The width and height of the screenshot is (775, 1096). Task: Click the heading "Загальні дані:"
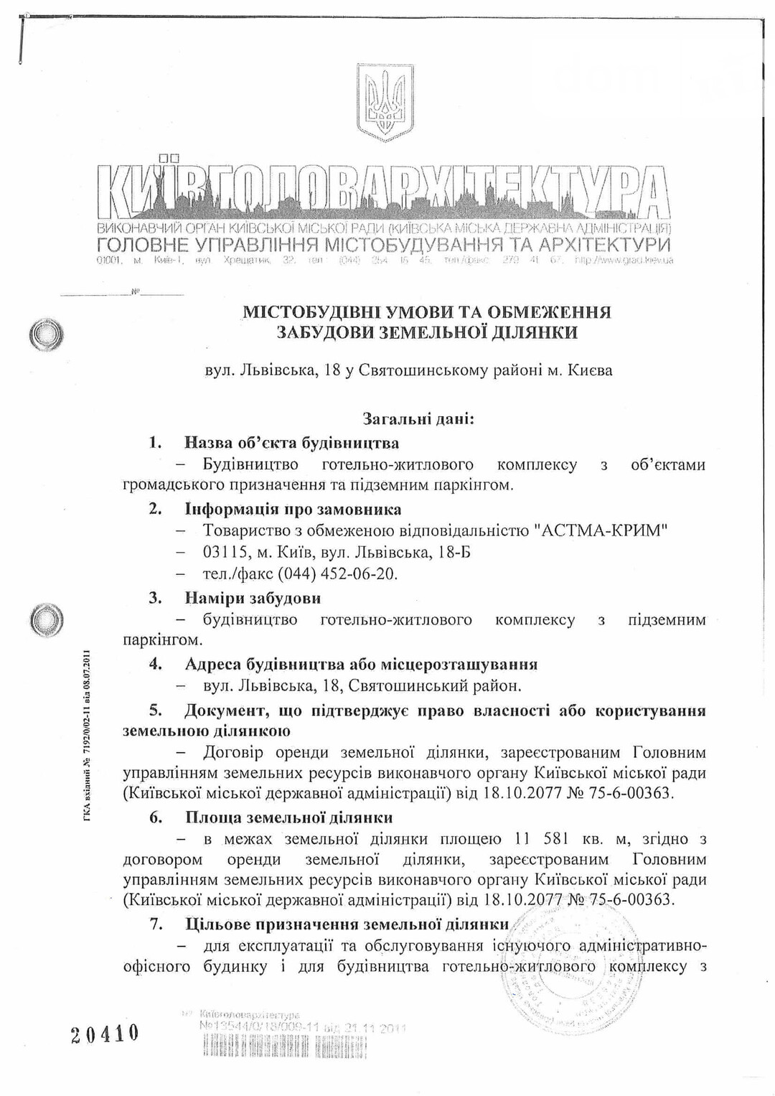(418, 418)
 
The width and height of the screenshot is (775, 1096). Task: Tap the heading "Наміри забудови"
(253, 598)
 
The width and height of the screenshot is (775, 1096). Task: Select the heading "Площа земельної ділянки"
(288, 818)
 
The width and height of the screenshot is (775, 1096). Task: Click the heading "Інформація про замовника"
(293, 509)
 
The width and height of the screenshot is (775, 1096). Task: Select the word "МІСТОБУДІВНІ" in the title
(306, 312)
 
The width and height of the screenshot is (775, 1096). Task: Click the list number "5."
(156, 711)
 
